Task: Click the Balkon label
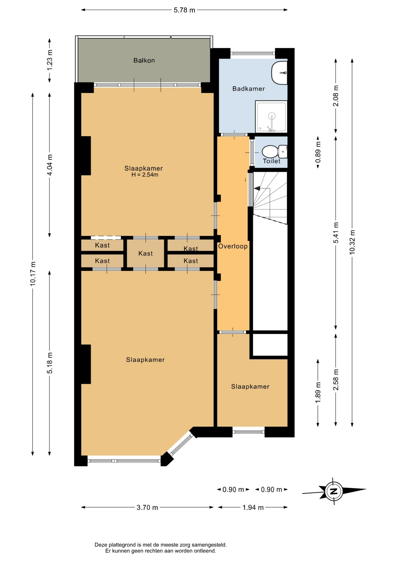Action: (x=144, y=60)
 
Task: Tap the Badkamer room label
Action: (x=248, y=89)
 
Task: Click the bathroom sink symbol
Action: (x=279, y=73)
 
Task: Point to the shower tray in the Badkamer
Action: (x=271, y=117)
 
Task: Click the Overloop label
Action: (x=233, y=246)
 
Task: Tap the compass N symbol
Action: (x=334, y=491)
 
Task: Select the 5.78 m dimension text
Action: (x=184, y=10)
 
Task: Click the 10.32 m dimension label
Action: (x=352, y=242)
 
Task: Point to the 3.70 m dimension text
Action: (x=147, y=507)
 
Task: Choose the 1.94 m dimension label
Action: (x=253, y=507)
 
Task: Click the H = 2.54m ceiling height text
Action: (x=145, y=175)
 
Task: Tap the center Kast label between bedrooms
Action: (x=146, y=253)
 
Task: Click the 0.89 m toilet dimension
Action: (x=318, y=152)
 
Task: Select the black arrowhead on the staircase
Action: (x=257, y=189)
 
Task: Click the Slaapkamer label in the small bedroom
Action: (x=250, y=387)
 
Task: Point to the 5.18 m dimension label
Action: (x=50, y=363)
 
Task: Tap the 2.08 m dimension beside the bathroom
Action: (x=336, y=96)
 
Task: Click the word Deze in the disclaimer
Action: (x=101, y=545)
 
